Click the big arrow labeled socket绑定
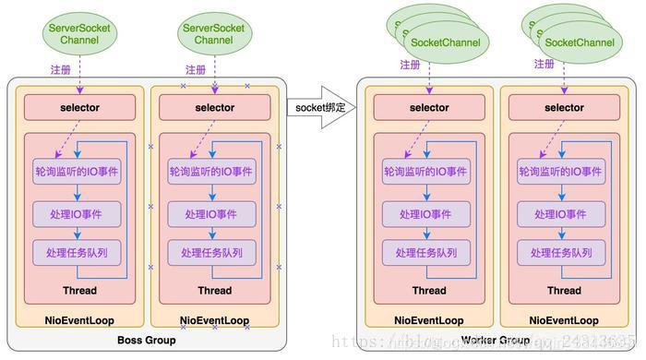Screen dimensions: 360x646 click(x=321, y=108)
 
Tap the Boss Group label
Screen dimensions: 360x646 click(x=147, y=341)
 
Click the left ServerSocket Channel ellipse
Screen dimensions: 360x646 click(x=78, y=35)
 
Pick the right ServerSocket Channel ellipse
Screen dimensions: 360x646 click(x=214, y=35)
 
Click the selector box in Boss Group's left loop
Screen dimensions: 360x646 click(x=78, y=108)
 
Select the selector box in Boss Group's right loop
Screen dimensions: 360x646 click(x=214, y=108)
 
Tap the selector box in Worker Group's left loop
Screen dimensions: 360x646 click(x=429, y=108)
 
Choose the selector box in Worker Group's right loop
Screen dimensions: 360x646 click(x=564, y=108)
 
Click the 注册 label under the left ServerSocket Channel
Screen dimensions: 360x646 click(x=61, y=69)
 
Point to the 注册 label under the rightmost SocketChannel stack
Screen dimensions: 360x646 click(x=544, y=65)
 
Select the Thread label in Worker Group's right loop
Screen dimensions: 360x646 click(x=564, y=291)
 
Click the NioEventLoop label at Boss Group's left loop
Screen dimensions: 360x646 click(x=78, y=320)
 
